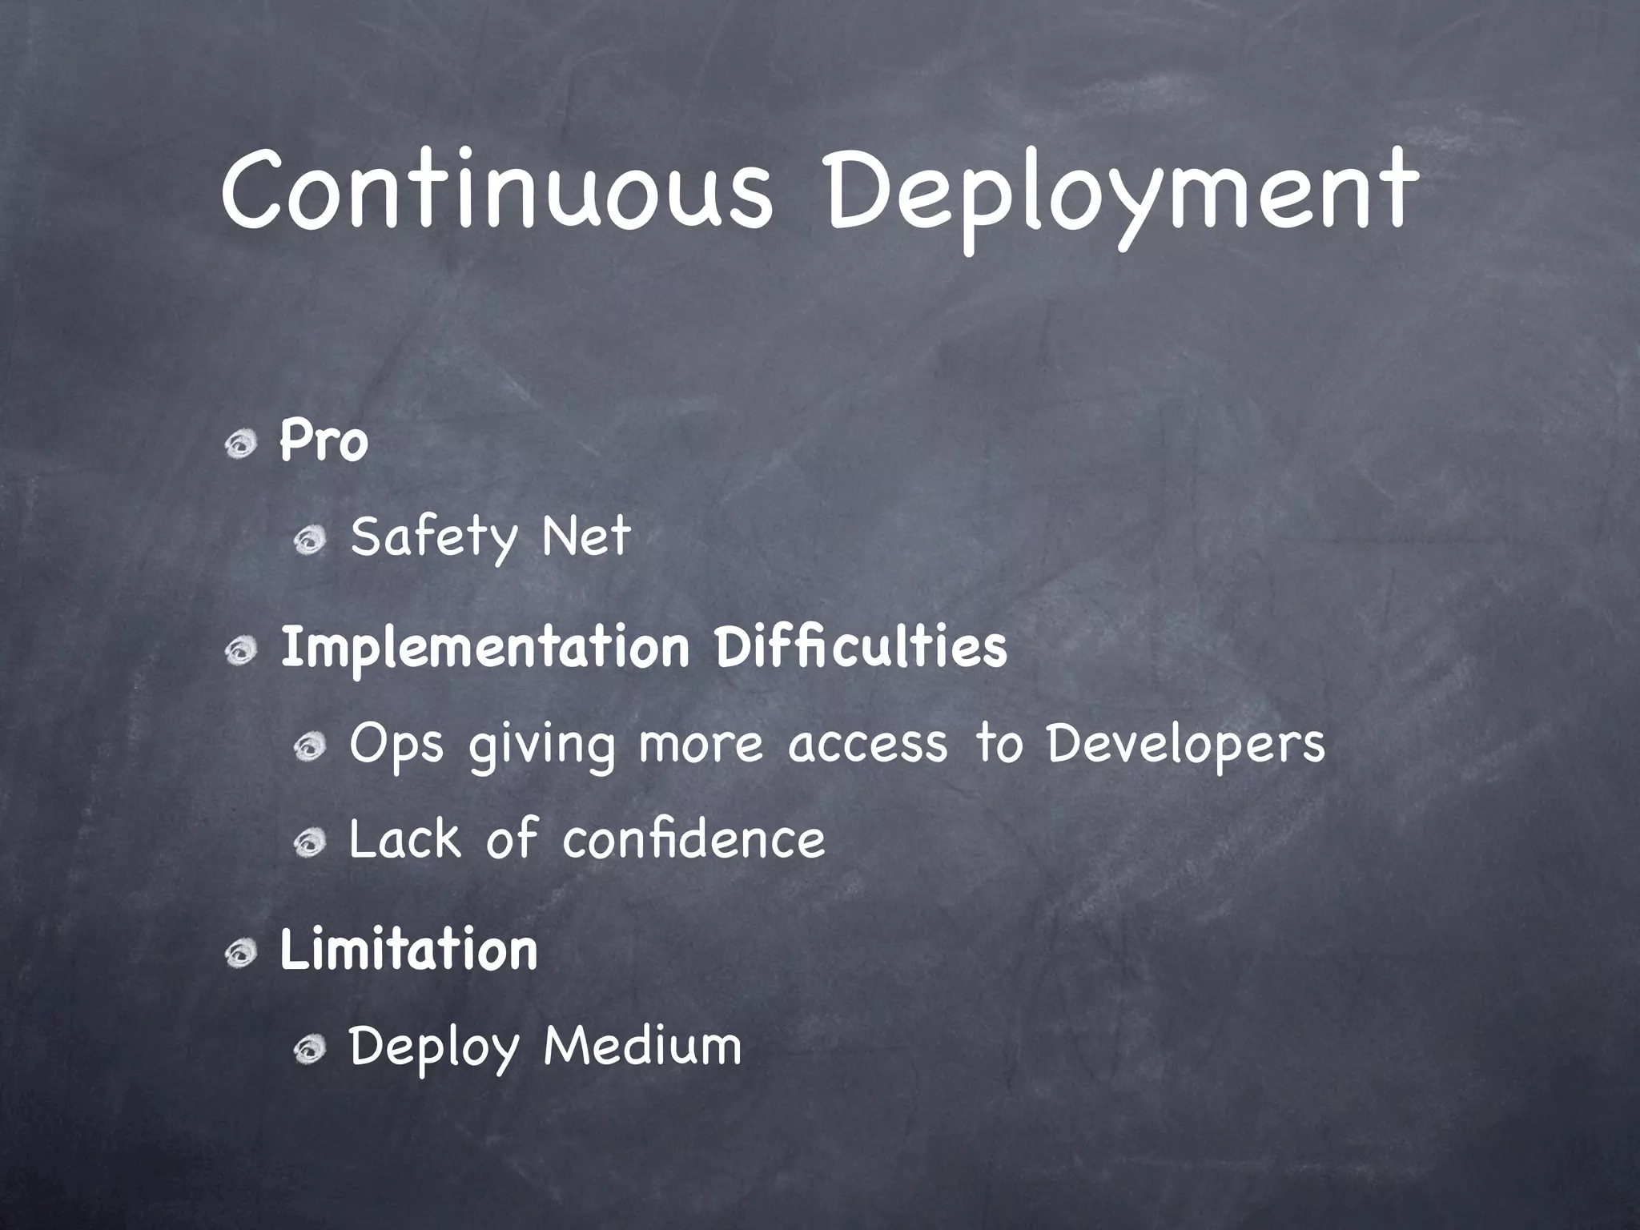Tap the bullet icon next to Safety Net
[x=308, y=542]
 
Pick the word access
[x=867, y=745]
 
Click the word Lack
[x=405, y=839]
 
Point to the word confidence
[x=693, y=839]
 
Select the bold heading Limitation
[x=408, y=950]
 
